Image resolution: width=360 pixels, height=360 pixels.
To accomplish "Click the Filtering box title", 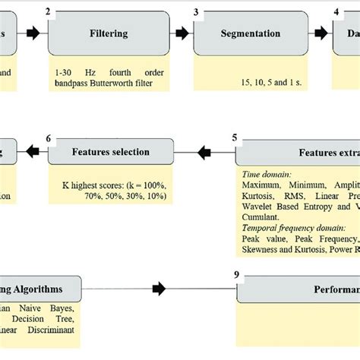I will [109, 33].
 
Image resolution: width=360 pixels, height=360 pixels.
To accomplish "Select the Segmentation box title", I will [250, 33].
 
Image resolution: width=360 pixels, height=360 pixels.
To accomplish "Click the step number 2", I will [48, 12].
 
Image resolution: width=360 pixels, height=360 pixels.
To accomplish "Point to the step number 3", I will [196, 12].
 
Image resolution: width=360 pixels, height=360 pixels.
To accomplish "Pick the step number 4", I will [336, 12].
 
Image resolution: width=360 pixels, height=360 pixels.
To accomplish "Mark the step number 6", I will [49, 138].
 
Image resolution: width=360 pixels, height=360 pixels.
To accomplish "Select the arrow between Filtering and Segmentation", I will [182, 34].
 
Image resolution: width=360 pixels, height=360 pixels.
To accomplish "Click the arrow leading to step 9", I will [158, 289].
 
